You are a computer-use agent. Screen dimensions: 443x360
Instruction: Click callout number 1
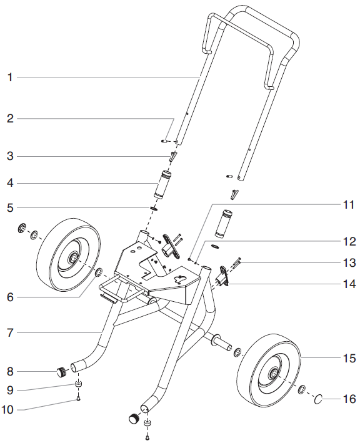(x=10, y=77)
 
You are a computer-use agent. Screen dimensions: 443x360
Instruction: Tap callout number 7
(x=10, y=334)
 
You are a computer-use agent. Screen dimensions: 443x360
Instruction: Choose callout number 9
(x=10, y=390)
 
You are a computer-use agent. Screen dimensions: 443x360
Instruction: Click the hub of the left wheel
(x=74, y=257)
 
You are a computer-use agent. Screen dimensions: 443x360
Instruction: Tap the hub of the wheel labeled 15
(x=274, y=374)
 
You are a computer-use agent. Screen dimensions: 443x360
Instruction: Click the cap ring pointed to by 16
(x=319, y=397)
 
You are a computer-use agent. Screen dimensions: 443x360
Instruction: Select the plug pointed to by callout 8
(x=60, y=373)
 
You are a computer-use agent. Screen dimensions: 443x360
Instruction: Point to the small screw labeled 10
(x=79, y=399)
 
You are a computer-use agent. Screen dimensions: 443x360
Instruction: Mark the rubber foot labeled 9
(x=79, y=384)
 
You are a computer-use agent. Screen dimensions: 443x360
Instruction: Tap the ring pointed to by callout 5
(x=153, y=207)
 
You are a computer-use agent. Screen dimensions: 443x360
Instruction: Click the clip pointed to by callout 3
(x=173, y=156)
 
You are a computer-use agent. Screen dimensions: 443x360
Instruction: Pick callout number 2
(x=10, y=118)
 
